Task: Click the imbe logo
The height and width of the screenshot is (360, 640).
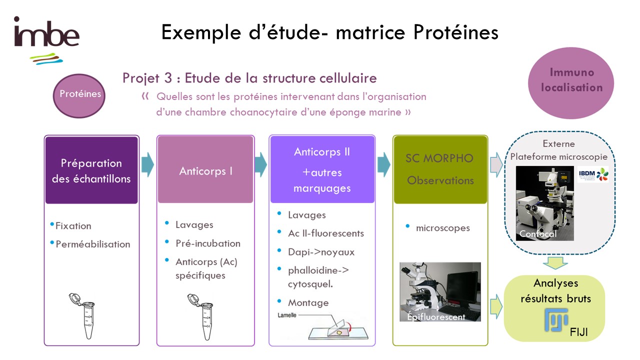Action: [x=46, y=40]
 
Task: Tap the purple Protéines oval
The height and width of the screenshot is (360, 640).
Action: [x=79, y=95]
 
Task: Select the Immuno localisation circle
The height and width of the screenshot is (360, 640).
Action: [x=571, y=83]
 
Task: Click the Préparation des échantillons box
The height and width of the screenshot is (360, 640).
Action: [x=91, y=170]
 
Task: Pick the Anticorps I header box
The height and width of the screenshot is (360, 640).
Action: [x=205, y=169]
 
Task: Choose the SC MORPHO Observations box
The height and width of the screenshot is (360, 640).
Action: [x=440, y=169]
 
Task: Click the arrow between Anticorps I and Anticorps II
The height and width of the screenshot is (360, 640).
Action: [x=261, y=164]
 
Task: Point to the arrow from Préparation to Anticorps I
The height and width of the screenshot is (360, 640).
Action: [x=147, y=164]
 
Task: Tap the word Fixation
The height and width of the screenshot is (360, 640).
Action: [x=73, y=226]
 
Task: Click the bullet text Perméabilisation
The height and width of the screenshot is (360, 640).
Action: [x=93, y=244]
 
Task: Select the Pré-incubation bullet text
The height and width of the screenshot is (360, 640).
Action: [x=208, y=243]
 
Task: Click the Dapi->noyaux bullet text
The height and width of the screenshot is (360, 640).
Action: [x=321, y=252]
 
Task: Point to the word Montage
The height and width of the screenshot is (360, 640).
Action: [x=308, y=303]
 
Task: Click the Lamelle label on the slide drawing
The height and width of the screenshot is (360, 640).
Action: [x=287, y=315]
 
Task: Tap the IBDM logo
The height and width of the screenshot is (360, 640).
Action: [x=593, y=174]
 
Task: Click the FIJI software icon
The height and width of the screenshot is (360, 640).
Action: [x=556, y=320]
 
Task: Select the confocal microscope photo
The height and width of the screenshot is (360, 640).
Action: [x=545, y=203]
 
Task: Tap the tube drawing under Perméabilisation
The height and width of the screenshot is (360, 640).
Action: [x=83, y=315]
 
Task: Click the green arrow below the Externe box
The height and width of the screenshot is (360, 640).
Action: [x=555, y=263]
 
